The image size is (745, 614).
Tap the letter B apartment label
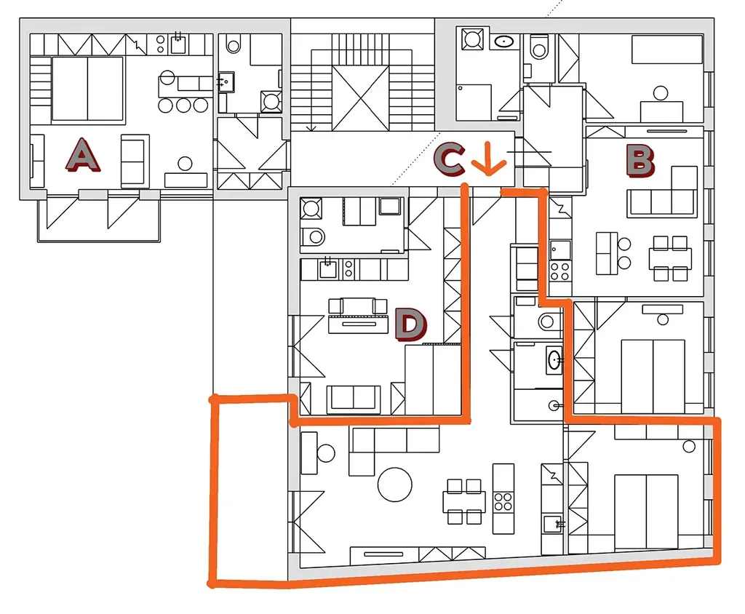pyautogui.click(x=640, y=161)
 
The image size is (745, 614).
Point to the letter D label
pyautogui.click(x=411, y=324)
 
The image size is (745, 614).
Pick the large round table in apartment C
pyautogui.click(x=394, y=485)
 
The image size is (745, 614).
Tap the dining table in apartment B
pyautogui.click(x=670, y=258)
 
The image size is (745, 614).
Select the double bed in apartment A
pyautogui.click(x=87, y=89)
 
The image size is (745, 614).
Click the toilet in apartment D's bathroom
pyautogui.click(x=313, y=236)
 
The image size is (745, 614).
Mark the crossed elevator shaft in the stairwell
pyautogui.click(x=361, y=98)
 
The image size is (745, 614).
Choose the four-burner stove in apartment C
pyautogui.click(x=503, y=502)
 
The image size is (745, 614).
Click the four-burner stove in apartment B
pyautogui.click(x=559, y=271)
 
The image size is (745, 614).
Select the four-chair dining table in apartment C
pyautogui.click(x=464, y=501)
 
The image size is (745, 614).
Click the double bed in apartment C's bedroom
pyautogui.click(x=646, y=511)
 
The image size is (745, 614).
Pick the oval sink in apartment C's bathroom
pyautogui.click(x=554, y=360)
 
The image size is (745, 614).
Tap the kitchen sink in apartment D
pyautogui.click(x=328, y=269)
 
